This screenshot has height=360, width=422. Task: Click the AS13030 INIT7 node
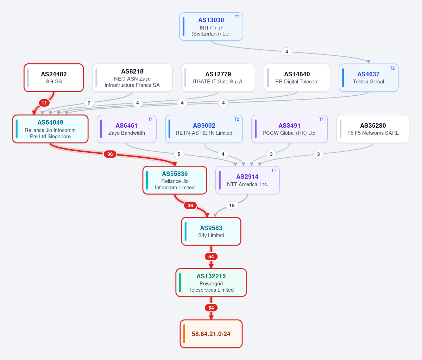pyautogui.click(x=211, y=27)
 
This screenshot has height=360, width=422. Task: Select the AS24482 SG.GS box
pyautogui.click(x=54, y=78)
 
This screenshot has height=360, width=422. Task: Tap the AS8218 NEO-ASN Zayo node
pyautogui.click(x=132, y=78)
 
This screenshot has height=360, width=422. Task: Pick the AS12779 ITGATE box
pyautogui.click(x=218, y=78)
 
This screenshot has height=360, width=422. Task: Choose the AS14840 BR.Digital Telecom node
pyautogui.click(x=297, y=78)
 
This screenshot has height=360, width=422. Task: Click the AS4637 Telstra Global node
pyautogui.click(x=369, y=78)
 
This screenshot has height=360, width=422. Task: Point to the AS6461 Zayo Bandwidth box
pyautogui.click(x=126, y=129)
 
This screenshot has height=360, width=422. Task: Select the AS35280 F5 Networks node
pyautogui.click(x=373, y=129)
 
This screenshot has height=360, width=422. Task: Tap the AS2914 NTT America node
pyautogui.click(x=247, y=180)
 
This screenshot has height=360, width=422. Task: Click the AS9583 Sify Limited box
pyautogui.click(x=211, y=232)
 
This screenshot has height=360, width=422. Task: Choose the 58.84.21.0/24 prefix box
pyautogui.click(x=211, y=334)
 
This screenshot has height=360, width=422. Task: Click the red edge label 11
pyautogui.click(x=44, y=103)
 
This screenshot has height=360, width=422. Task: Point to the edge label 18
pyautogui.click(x=232, y=206)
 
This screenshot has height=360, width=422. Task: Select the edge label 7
pyautogui.click(x=89, y=103)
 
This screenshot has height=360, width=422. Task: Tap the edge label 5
pyautogui.click(x=179, y=154)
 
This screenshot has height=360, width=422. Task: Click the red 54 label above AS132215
pyautogui.click(x=211, y=257)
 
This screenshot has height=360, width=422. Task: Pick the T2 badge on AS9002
pyautogui.click(x=237, y=119)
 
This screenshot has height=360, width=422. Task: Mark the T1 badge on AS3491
pyautogui.click(x=321, y=119)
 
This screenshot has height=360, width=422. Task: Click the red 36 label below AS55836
pyautogui.click(x=190, y=206)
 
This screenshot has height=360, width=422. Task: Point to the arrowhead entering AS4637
pyautogui.click(x=369, y=62)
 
